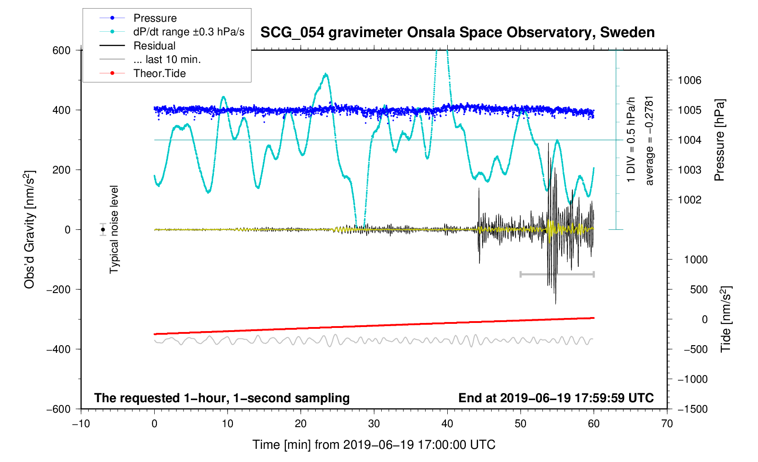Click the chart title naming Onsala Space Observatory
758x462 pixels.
(x=457, y=33)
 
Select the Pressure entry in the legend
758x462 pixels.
(x=155, y=18)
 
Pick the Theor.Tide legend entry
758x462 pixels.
(x=159, y=73)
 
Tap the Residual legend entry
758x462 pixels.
(x=154, y=46)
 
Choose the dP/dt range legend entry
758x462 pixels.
(x=189, y=32)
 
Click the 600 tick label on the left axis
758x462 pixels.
(x=62, y=50)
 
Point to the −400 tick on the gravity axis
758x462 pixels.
(x=59, y=349)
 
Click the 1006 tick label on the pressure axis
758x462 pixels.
(x=689, y=81)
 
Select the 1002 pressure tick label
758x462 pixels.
(x=689, y=200)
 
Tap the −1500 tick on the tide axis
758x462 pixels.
(x=692, y=409)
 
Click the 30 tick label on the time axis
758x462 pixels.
(x=374, y=424)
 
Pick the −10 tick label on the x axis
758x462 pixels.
(x=81, y=424)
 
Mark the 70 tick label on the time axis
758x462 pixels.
(x=667, y=424)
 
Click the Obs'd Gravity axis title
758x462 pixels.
(x=29, y=230)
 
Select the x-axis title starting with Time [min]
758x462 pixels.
(x=374, y=445)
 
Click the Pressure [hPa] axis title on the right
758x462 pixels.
(x=719, y=140)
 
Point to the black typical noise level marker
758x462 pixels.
(x=103, y=230)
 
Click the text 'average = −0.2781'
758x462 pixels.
(x=649, y=140)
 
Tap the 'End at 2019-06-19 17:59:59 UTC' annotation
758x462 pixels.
(x=556, y=398)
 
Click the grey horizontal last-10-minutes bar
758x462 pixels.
(x=557, y=274)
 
